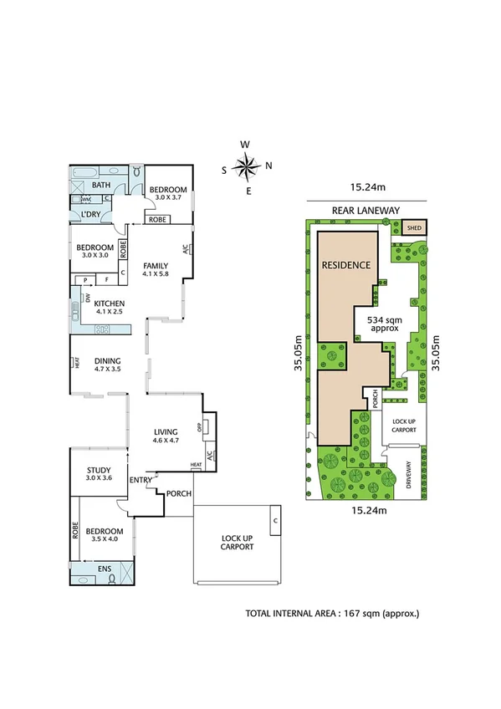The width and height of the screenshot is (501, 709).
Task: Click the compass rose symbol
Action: point(246,167)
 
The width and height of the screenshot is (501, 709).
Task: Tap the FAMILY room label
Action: point(156,265)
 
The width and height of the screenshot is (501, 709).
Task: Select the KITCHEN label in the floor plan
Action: point(109,305)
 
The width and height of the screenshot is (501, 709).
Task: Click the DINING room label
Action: point(108,362)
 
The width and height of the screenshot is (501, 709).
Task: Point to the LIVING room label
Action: point(166,433)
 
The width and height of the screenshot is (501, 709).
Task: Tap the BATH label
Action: point(101,185)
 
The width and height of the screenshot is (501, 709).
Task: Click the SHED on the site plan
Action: point(414,227)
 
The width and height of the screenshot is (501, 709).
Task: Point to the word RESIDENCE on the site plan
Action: point(345,265)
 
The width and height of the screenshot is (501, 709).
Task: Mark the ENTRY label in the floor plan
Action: point(140,479)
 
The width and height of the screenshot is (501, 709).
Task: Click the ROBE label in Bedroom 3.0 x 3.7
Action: point(158,220)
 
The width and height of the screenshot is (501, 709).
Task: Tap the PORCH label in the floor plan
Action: point(178,493)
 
